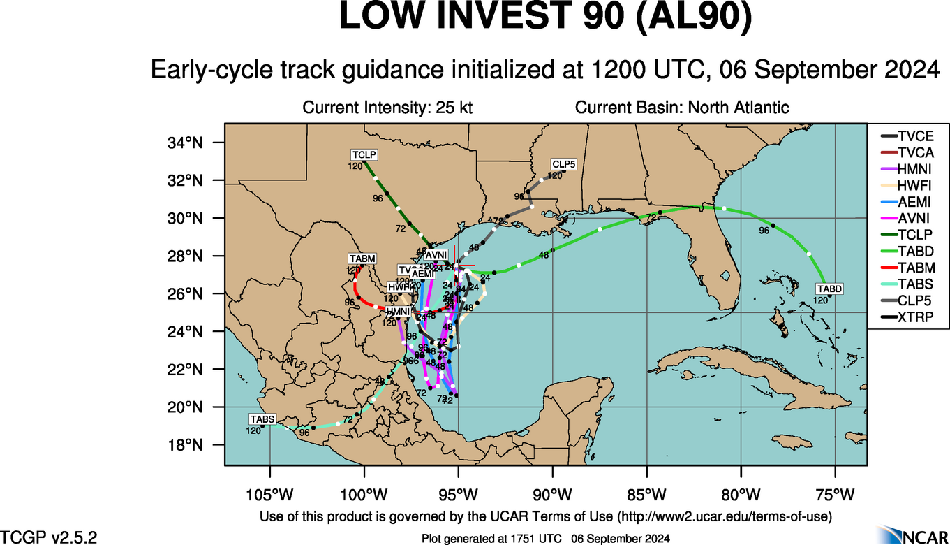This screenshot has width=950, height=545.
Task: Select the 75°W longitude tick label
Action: point(836,495)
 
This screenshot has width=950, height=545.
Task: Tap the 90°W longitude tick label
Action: point(552,495)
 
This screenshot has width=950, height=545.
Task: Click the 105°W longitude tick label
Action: point(269,495)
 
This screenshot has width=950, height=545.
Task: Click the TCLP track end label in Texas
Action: point(363,154)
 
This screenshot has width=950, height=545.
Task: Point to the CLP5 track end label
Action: point(563,164)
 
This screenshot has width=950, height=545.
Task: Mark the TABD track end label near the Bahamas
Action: point(830,289)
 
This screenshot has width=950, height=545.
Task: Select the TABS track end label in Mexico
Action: point(262,419)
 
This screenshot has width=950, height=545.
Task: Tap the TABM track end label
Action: point(362,259)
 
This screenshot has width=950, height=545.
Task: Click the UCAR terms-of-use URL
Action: point(723,516)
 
